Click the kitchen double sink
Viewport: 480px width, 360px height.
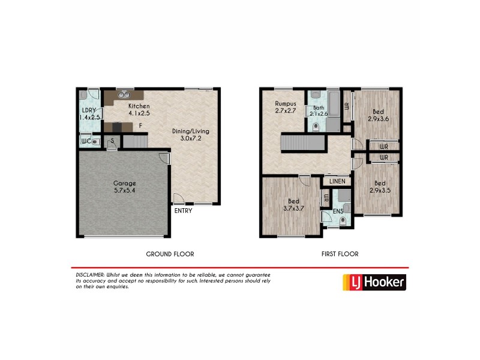coord(125,94)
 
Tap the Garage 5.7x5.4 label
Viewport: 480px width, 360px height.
coord(125,187)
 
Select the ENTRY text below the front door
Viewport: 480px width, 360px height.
coord(183,211)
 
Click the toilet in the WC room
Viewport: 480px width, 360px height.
coord(96,142)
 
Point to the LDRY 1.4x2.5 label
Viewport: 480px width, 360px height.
coord(89,114)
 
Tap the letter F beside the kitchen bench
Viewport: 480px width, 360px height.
coord(140,126)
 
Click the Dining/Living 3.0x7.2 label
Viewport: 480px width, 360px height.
coord(192,135)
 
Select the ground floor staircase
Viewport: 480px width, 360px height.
coord(135,142)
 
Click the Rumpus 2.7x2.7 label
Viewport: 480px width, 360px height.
coord(286,107)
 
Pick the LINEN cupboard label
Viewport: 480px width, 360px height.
coord(336,181)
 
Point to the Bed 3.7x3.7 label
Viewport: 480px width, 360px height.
coord(293,205)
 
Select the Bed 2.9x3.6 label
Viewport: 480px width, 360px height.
coord(377,115)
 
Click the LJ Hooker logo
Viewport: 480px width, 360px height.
coord(373,282)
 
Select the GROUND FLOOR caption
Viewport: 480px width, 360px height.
coord(170,254)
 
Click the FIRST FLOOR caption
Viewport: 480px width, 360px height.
coord(340,254)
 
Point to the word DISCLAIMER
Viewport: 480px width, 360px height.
coord(88,274)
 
